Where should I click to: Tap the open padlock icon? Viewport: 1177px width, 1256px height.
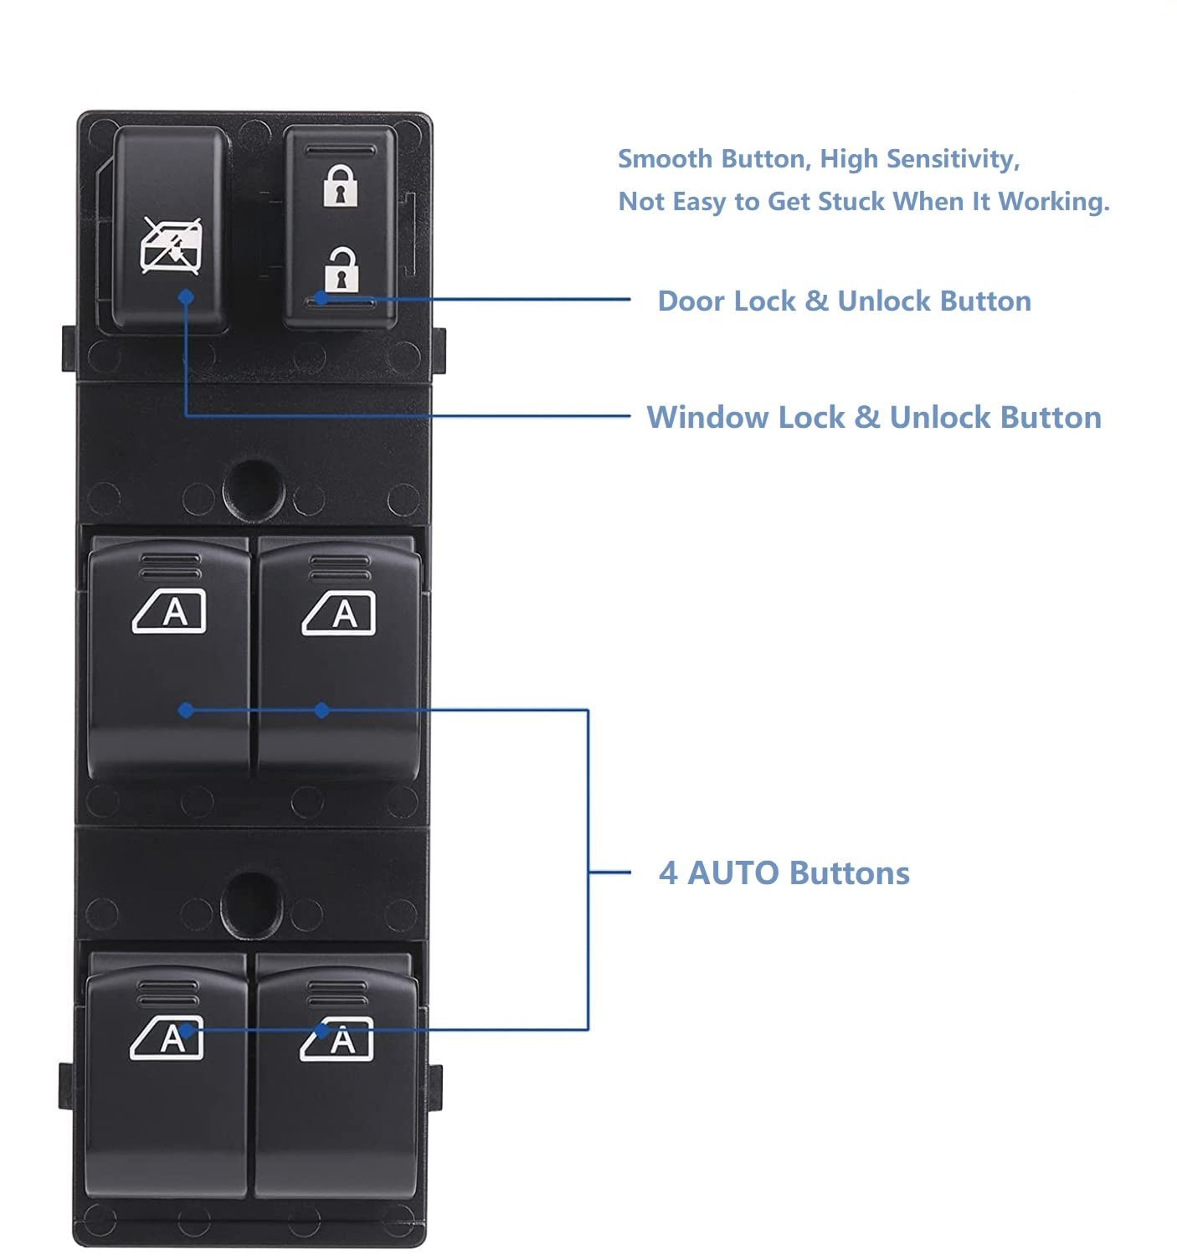[342, 270]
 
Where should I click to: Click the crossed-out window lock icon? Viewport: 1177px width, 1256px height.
[171, 246]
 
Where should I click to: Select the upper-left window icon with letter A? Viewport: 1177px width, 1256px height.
[169, 611]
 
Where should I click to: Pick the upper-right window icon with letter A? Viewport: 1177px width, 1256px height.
[338, 613]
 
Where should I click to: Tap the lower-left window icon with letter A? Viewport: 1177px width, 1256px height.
[167, 1037]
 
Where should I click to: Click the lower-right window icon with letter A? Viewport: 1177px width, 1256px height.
[337, 1039]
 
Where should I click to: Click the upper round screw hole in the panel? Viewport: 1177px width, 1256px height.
[254, 492]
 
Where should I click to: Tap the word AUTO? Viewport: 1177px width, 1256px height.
[733, 873]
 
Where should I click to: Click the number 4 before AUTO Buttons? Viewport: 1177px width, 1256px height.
[668, 873]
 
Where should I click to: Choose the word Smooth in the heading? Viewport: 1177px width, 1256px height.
[666, 159]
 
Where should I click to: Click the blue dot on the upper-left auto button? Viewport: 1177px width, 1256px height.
[186, 710]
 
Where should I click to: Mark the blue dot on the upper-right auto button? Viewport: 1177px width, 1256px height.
[321, 710]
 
